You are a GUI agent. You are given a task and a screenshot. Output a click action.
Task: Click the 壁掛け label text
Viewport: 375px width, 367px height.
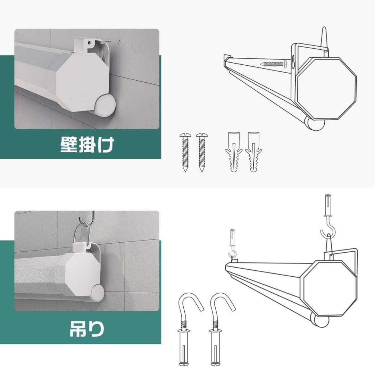tap(87, 144)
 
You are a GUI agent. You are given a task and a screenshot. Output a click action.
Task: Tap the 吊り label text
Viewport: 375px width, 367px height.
tap(87, 328)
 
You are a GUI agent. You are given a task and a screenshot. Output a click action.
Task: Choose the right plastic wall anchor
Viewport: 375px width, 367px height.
tap(253, 152)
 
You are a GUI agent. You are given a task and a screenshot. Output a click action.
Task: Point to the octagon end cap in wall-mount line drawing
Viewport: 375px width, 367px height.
tap(326, 84)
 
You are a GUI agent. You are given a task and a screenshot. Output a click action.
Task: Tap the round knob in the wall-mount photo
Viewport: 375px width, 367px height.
tap(105, 105)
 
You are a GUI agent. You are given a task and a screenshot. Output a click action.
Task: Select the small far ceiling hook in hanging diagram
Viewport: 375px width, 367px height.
tap(233, 243)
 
